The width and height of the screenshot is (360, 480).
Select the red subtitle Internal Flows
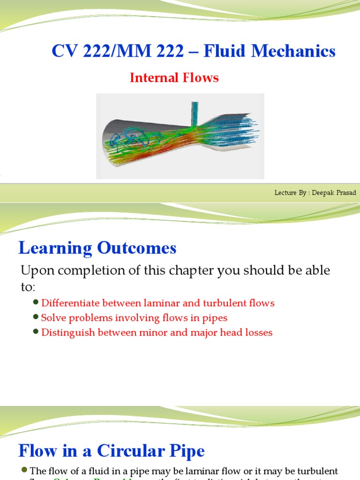174,77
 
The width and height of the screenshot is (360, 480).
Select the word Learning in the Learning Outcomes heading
55,248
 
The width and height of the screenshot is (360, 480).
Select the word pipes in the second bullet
215,318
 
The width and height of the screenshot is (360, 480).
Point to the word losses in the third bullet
258,332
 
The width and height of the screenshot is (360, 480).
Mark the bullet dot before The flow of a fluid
25,470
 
